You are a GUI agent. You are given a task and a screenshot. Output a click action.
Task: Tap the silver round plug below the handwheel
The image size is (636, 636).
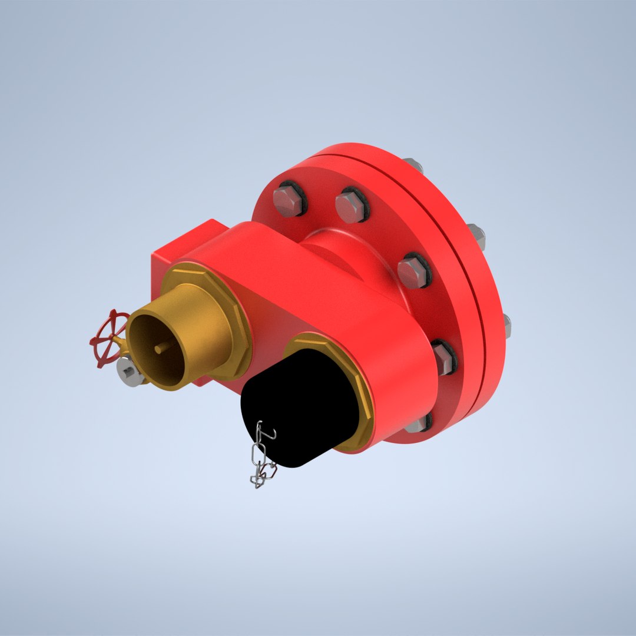(130, 372)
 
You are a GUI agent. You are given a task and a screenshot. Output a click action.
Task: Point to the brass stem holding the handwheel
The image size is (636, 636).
(121, 347)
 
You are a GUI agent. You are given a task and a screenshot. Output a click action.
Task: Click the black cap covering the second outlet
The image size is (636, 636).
(300, 406)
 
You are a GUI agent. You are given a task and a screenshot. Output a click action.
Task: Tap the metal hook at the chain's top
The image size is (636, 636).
(266, 436)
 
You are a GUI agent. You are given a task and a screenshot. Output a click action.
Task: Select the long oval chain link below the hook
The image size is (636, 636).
(257, 456)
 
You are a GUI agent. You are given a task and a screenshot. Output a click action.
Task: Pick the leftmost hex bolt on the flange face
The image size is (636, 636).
(289, 200)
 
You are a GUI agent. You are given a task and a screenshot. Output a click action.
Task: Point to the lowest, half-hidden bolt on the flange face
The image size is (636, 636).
(420, 423)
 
